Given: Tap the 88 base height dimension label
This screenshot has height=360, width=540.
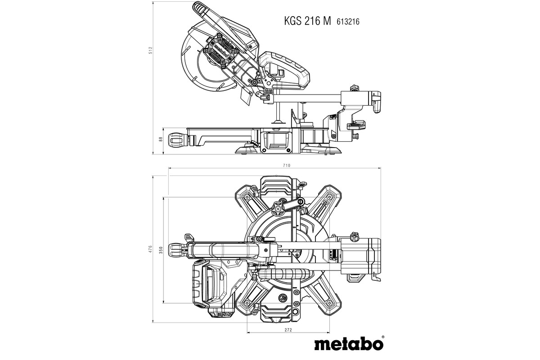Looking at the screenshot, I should (x=161, y=139).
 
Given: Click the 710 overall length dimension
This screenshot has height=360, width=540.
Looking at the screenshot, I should (x=287, y=166).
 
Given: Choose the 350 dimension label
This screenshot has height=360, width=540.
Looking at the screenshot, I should (x=161, y=249).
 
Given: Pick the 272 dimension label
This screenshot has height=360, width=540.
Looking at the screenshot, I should (x=288, y=330).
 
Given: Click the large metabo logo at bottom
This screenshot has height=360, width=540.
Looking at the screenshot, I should (x=348, y=344).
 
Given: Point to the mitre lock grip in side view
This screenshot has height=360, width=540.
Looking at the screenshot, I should (x=177, y=139).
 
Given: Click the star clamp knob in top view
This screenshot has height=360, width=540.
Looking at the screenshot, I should (x=277, y=208).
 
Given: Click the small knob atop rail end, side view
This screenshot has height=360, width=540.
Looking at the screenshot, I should (x=354, y=86).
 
